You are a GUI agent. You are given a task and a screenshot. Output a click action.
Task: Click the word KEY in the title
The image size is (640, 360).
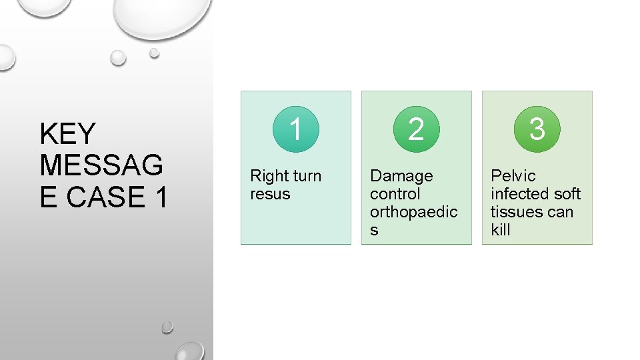(x=68, y=134)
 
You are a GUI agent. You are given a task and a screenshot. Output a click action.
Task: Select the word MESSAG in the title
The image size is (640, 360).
(x=101, y=165)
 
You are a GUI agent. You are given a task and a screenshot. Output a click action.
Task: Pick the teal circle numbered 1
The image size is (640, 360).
(x=295, y=129)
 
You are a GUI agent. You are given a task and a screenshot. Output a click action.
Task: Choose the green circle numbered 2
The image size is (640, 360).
(x=416, y=129)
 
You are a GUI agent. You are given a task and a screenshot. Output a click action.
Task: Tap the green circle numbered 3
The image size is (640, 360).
(x=537, y=129)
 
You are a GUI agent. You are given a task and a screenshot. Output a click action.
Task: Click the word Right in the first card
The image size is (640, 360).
(x=268, y=177)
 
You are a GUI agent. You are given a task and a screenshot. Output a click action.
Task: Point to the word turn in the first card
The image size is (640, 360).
(x=306, y=176)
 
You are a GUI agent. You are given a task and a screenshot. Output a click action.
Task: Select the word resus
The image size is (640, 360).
(x=270, y=194)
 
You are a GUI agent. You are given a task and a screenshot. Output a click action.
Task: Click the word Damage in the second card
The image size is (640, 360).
(x=401, y=176)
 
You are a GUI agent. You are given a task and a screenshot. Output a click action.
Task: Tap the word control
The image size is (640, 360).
(x=395, y=194)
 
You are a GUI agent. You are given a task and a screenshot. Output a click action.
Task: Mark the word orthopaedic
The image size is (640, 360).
(x=413, y=212)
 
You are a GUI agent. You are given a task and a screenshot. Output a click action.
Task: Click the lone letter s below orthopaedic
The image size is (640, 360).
(x=374, y=230)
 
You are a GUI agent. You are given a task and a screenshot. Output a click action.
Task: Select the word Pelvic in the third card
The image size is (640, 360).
(x=513, y=176)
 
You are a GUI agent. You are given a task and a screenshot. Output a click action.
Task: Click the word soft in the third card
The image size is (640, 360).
(x=567, y=194)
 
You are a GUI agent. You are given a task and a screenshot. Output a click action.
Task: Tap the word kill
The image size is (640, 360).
(x=500, y=230)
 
